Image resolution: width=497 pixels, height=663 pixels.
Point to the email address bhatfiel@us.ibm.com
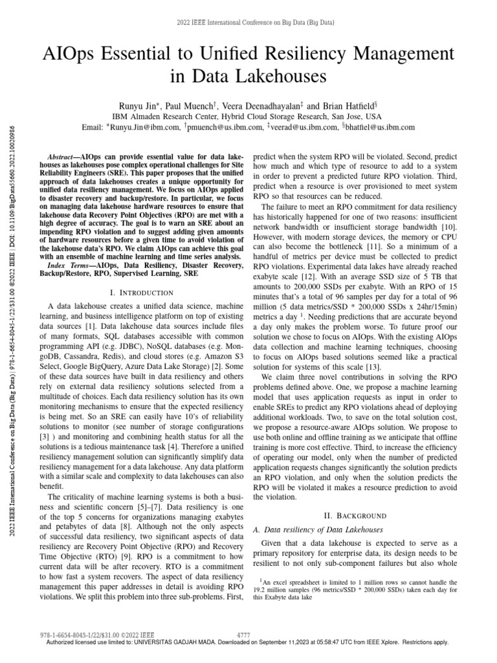coord(381,128)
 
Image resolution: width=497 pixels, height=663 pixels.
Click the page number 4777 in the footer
coord(244,635)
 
